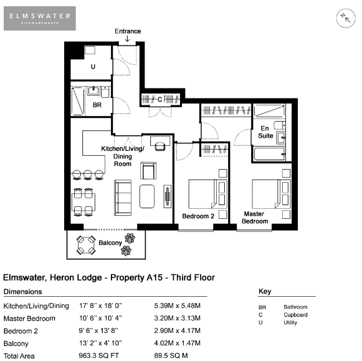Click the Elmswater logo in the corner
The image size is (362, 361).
pyautogui.click(x=40, y=18)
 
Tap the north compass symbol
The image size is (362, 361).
pyautogui.click(x=346, y=18)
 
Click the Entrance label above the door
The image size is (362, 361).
pyautogui.click(x=128, y=31)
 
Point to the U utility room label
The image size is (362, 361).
pyautogui.click(x=93, y=67)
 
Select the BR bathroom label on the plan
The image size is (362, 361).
pyautogui.click(x=97, y=105)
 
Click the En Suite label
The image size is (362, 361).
pyautogui.click(x=265, y=132)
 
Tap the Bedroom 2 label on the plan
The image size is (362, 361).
pyautogui.click(x=198, y=216)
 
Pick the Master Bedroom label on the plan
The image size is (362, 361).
pyautogui.click(x=255, y=218)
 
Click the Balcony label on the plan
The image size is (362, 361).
pyautogui.click(x=110, y=243)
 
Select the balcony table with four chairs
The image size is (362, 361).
pyautogui.click(x=86, y=245)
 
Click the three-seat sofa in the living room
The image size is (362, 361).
pyautogui.click(x=123, y=198)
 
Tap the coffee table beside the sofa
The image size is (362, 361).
pyautogui.click(x=147, y=196)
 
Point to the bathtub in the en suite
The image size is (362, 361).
pyautogui.click(x=269, y=154)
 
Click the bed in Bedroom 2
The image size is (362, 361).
pyautogui.click(x=207, y=195)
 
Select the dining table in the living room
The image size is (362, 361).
pyautogui.click(x=83, y=203)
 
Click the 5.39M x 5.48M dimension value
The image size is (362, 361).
pyautogui.click(x=178, y=306)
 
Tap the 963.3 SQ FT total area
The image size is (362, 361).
pyautogui.click(x=99, y=355)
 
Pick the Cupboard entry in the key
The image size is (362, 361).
pyautogui.click(x=295, y=315)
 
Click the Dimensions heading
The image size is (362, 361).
pyautogui.click(x=23, y=292)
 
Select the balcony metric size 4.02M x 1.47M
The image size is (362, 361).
pyautogui.click(x=178, y=343)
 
